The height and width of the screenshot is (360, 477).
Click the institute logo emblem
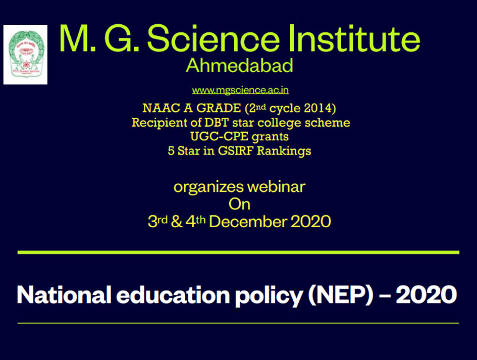click(25, 55)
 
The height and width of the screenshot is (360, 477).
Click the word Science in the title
click(213, 38)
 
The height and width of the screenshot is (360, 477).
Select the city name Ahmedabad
click(239, 65)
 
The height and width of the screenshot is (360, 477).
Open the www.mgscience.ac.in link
click(240, 90)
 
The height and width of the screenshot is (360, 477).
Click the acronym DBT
click(216, 122)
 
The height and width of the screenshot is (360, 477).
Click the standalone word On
click(239, 204)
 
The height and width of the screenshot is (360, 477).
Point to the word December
click(248, 222)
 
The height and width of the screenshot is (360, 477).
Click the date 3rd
click(158, 221)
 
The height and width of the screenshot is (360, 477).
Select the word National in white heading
click(64, 294)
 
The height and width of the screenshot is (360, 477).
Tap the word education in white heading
click(173, 294)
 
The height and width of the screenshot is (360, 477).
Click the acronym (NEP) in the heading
click(341, 295)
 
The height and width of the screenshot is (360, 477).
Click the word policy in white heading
click(269, 295)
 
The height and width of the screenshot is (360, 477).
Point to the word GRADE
click(219, 108)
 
